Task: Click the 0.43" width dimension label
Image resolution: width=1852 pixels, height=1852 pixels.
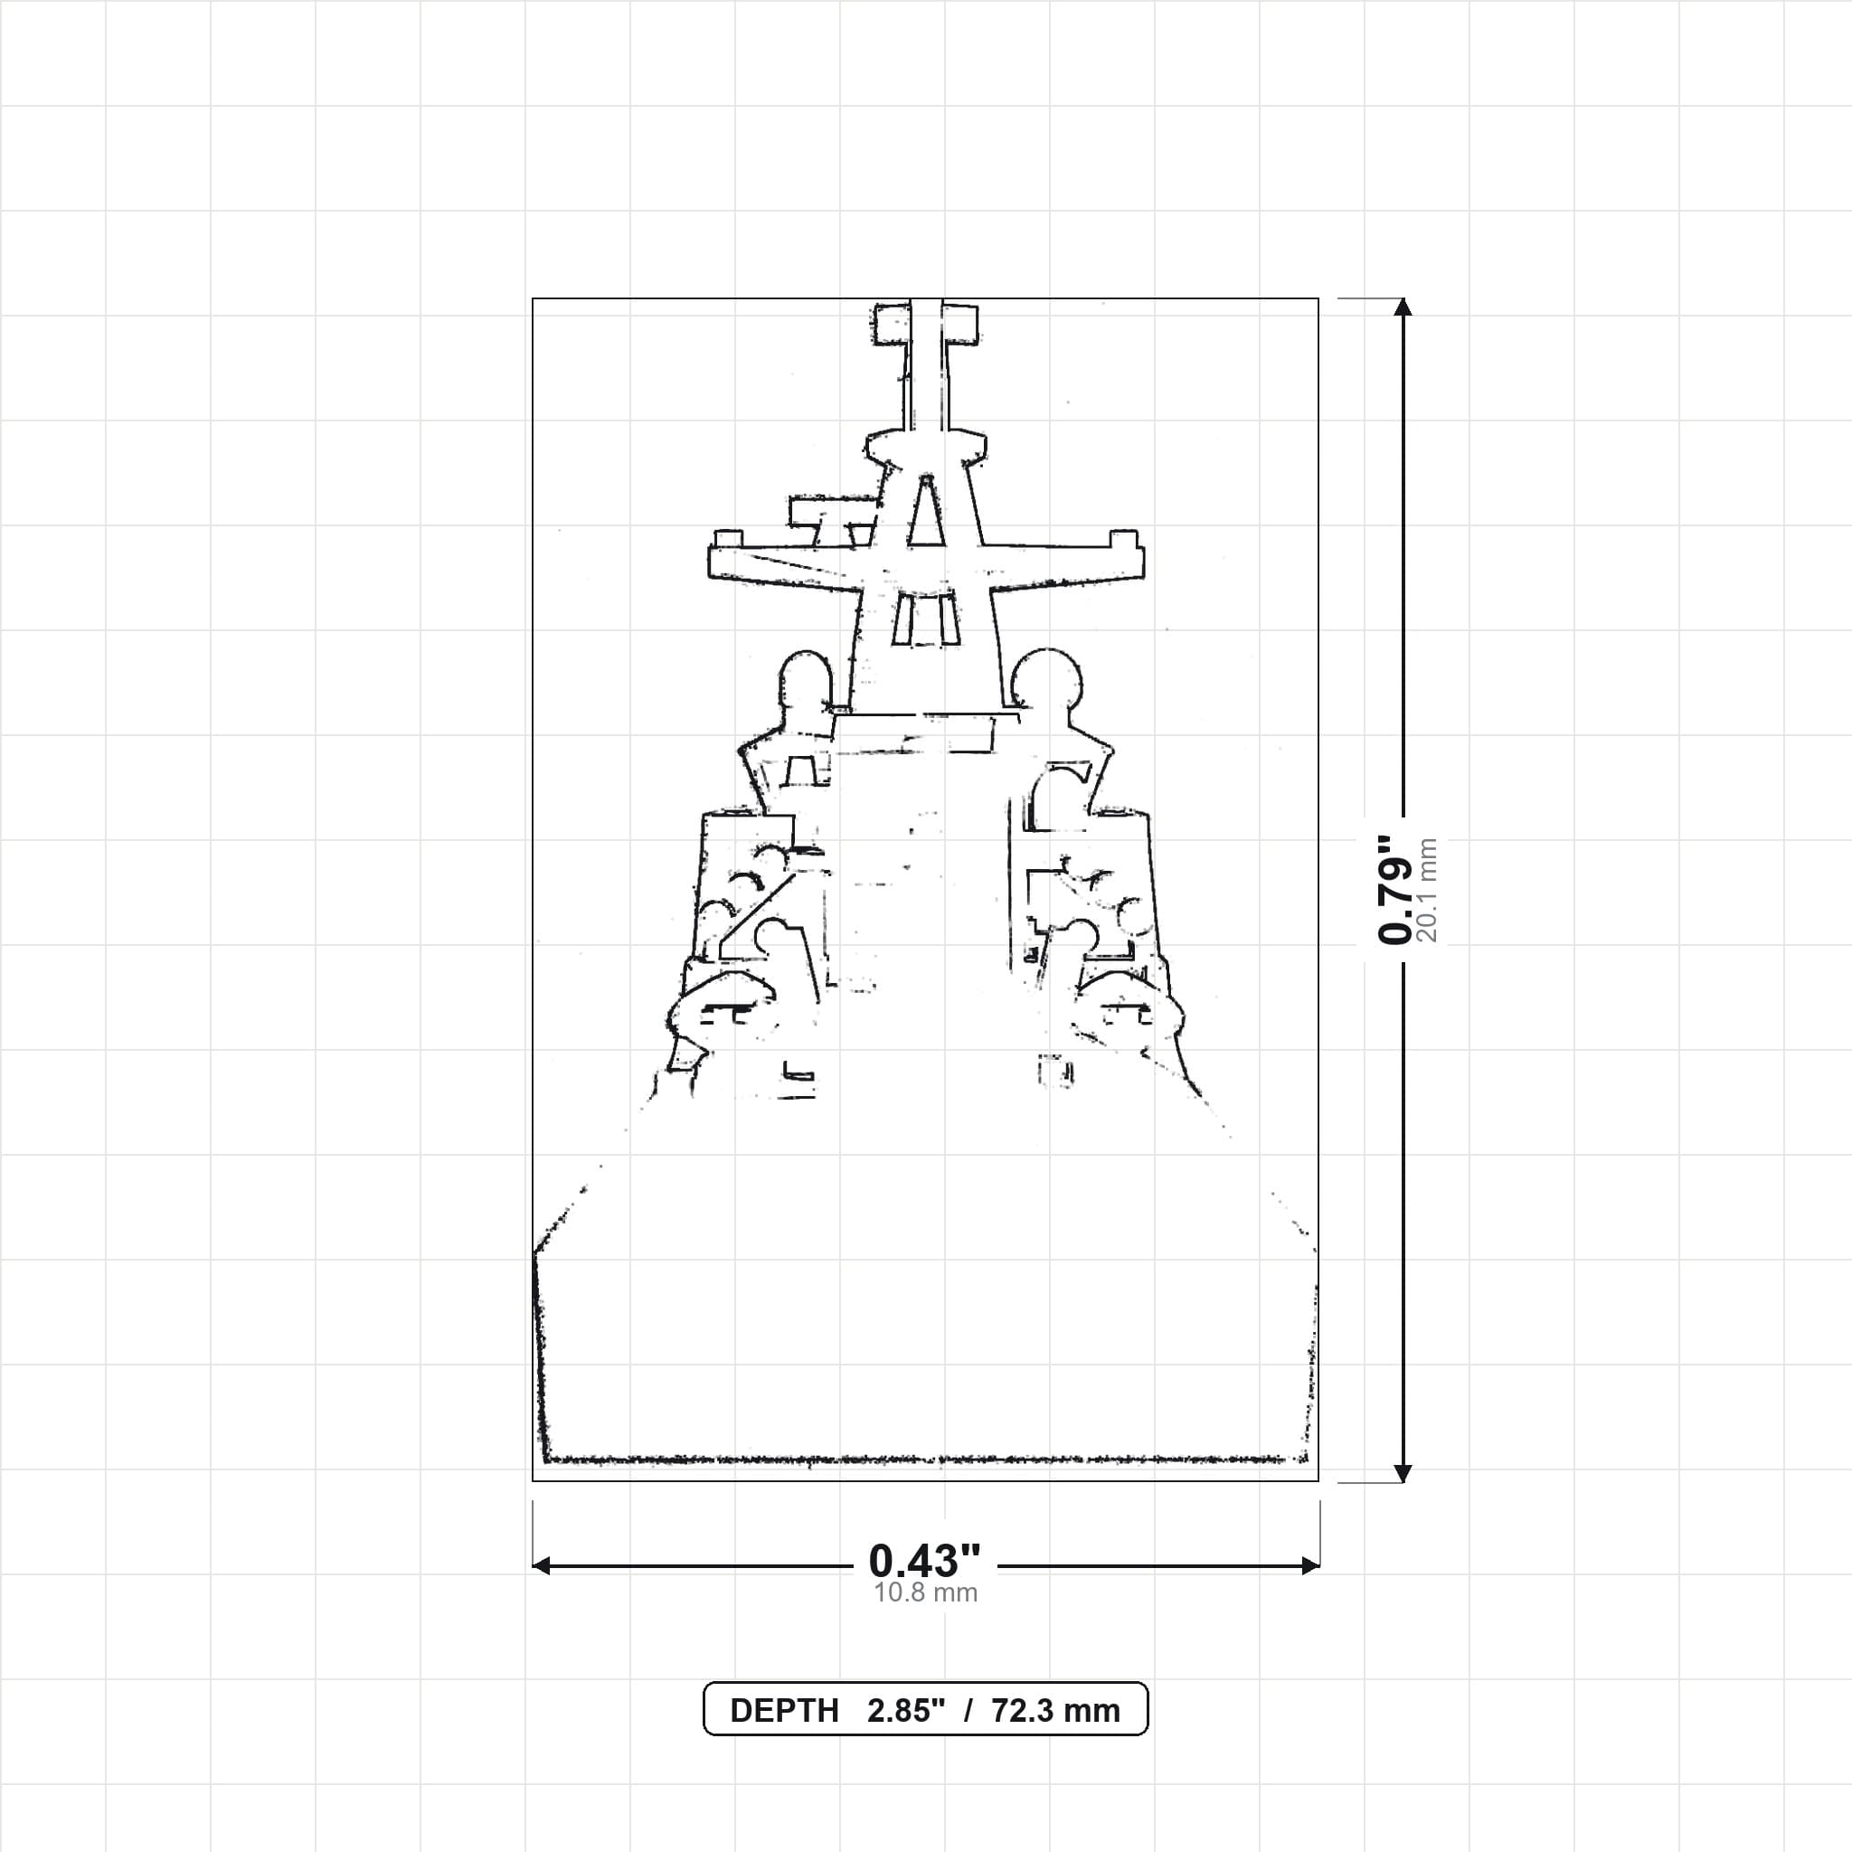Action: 925,1562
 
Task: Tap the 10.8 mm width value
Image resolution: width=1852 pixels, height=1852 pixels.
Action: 925,1593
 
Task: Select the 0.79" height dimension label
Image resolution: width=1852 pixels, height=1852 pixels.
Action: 1394,889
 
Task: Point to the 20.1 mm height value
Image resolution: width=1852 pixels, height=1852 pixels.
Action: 1427,890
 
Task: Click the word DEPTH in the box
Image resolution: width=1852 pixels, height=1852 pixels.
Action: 784,1711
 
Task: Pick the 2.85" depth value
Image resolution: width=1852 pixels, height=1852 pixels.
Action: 906,1711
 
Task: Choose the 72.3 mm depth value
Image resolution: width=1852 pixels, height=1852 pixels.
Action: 1055,1711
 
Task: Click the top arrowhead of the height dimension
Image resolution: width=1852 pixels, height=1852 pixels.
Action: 1403,307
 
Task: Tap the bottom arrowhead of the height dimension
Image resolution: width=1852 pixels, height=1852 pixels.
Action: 1403,1472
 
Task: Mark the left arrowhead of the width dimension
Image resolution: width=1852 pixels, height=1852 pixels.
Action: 542,1565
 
